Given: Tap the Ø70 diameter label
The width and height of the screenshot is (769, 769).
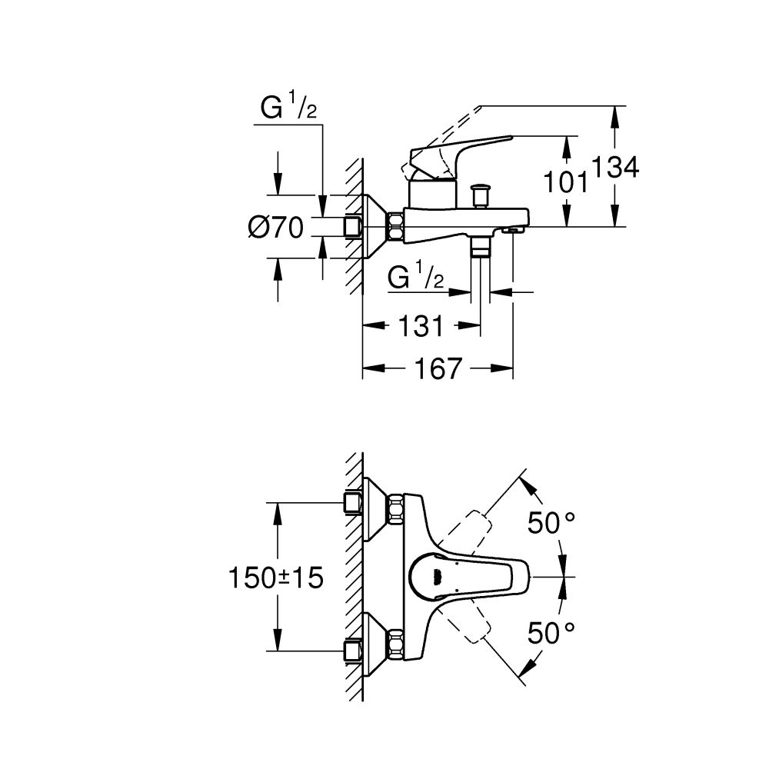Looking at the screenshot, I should (275, 227).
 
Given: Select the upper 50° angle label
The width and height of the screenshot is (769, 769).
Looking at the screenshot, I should (551, 523).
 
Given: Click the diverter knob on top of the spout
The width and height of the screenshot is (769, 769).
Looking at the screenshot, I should (483, 193).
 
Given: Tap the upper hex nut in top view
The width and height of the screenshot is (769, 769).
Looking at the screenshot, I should (397, 511).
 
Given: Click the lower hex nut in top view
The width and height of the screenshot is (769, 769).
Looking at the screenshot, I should (397, 643).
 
